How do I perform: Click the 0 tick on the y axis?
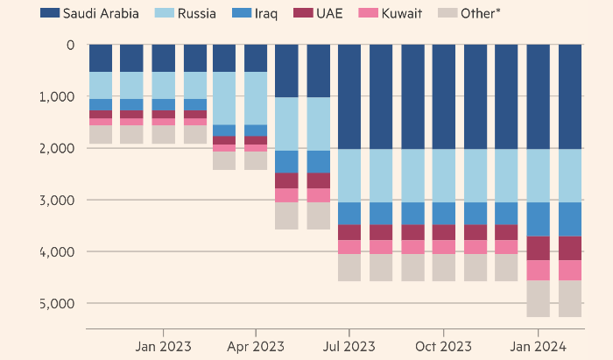tap(70, 45)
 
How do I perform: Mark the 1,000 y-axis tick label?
tap(58, 96)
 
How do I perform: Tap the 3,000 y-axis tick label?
tap(58, 200)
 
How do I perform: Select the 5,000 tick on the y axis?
tap(58, 303)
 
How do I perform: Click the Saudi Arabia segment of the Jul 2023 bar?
tap(349, 96)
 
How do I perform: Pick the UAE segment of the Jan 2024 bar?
tap(538, 248)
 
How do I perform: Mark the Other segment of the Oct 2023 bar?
tap(443, 267)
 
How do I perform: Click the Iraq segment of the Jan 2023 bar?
tap(163, 104)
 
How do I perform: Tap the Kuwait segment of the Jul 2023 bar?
tap(349, 247)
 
